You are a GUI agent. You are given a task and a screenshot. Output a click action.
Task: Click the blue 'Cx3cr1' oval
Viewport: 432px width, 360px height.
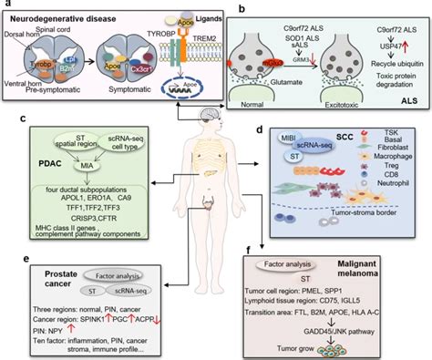[150, 67]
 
